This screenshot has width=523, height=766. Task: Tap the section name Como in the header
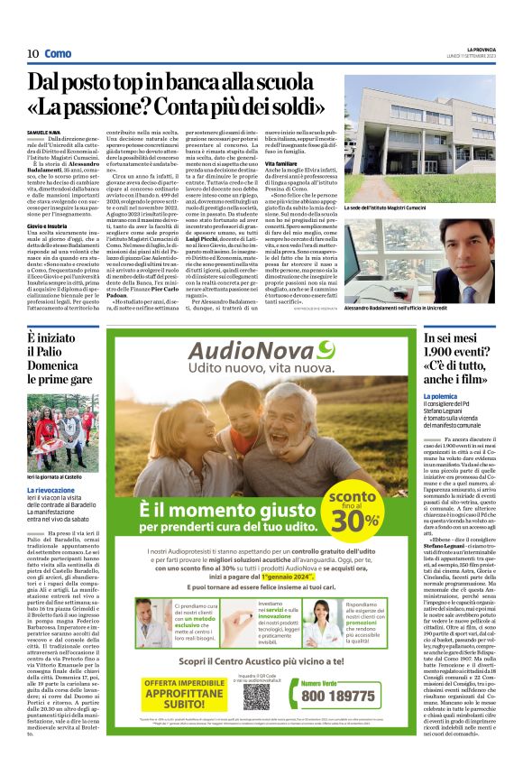point(57,53)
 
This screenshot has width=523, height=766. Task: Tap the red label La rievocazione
point(53,489)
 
